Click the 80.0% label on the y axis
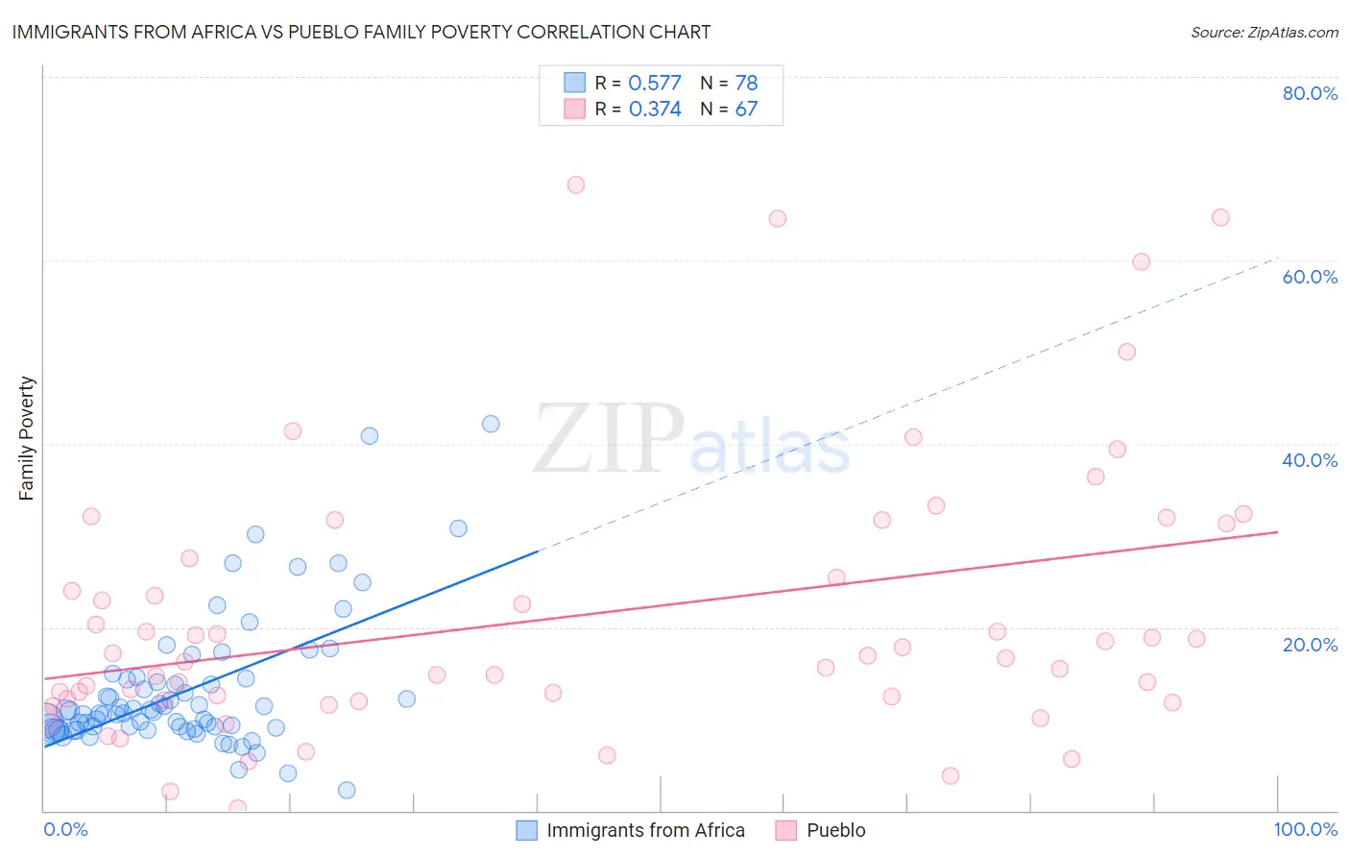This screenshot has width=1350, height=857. (x=1310, y=93)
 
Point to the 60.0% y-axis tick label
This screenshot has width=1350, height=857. (x=1310, y=277)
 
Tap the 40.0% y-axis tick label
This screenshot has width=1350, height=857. (x=1310, y=460)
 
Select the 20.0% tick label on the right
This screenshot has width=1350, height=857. (x=1310, y=645)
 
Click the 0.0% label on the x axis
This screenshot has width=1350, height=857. (x=65, y=829)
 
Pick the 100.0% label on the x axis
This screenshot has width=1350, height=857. (x=1306, y=829)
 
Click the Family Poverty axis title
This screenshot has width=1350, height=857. (x=27, y=438)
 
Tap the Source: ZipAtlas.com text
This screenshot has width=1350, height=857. (x=1264, y=32)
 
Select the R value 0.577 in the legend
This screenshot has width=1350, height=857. (x=654, y=83)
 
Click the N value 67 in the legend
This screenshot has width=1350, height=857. (x=746, y=109)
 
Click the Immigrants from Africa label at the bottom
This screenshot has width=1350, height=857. (x=645, y=830)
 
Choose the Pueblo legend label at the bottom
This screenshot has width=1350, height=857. (x=835, y=830)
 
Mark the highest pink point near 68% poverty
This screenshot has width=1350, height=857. (x=576, y=184)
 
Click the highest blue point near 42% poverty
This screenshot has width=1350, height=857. (x=491, y=424)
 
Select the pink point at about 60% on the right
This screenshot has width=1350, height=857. (x=1141, y=261)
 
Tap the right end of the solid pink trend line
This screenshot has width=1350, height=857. (x=1277, y=531)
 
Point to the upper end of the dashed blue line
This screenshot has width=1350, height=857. (x=1277, y=257)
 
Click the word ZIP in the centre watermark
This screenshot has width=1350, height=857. (x=609, y=438)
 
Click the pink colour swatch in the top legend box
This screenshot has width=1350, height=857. (x=574, y=109)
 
